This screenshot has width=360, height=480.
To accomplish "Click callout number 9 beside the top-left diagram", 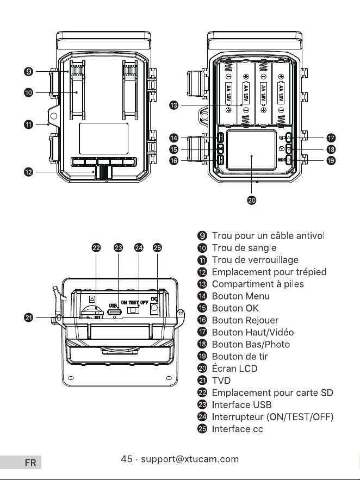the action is (28, 72).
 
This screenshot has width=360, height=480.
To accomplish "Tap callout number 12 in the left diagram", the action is (28, 172).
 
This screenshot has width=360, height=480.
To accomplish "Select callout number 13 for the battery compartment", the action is (173, 105).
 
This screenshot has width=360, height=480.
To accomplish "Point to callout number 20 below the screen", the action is (252, 200).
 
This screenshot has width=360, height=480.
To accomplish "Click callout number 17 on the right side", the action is (331, 138).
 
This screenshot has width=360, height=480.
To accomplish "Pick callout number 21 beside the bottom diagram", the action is (28, 318).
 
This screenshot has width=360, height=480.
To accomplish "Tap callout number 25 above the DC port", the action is (157, 247).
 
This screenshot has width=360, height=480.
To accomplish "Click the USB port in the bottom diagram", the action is (114, 312).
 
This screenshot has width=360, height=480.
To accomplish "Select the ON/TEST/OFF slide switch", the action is (133, 310).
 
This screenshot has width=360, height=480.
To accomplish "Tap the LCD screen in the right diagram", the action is (252, 149).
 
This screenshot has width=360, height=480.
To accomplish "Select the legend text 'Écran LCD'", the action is (234, 368).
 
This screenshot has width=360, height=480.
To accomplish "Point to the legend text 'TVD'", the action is (221, 381).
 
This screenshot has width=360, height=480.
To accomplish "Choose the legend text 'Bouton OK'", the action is (235, 308).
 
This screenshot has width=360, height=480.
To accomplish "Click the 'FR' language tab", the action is (30, 463).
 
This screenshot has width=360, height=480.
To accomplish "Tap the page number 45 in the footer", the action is (127, 459).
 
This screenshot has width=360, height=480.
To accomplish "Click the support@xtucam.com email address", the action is (190, 459).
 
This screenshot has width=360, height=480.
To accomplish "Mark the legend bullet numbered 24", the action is (202, 416).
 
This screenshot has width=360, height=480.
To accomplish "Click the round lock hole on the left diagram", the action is (54, 116).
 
